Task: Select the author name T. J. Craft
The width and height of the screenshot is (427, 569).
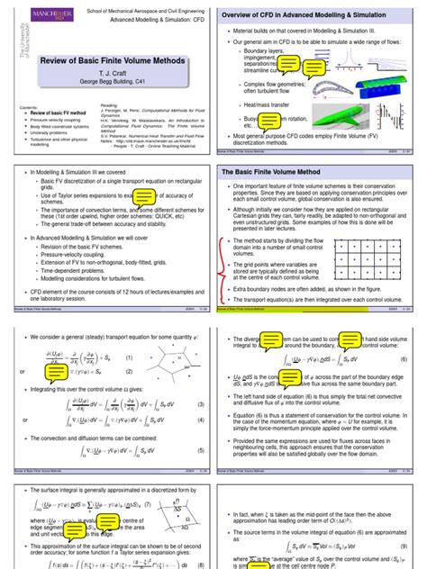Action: click(x=105, y=72)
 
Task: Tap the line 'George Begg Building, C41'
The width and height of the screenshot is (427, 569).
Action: click(x=105, y=82)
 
